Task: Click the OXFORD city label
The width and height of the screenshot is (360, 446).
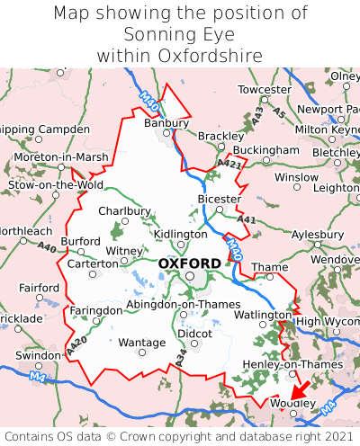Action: point(189,263)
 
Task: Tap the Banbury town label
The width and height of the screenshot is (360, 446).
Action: point(166,123)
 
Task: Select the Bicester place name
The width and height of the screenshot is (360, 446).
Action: point(220,199)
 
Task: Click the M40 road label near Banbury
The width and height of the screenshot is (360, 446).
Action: point(150,101)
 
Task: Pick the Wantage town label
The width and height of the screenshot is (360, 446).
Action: point(142,343)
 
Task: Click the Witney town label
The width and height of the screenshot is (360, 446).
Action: point(124,251)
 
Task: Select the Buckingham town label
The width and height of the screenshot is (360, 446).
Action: point(265,149)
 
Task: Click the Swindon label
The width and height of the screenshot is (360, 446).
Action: point(37,355)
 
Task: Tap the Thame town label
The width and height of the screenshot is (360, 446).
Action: point(270,267)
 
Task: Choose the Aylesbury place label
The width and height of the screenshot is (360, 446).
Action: point(319,232)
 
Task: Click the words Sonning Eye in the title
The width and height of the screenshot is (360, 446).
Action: point(180,34)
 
